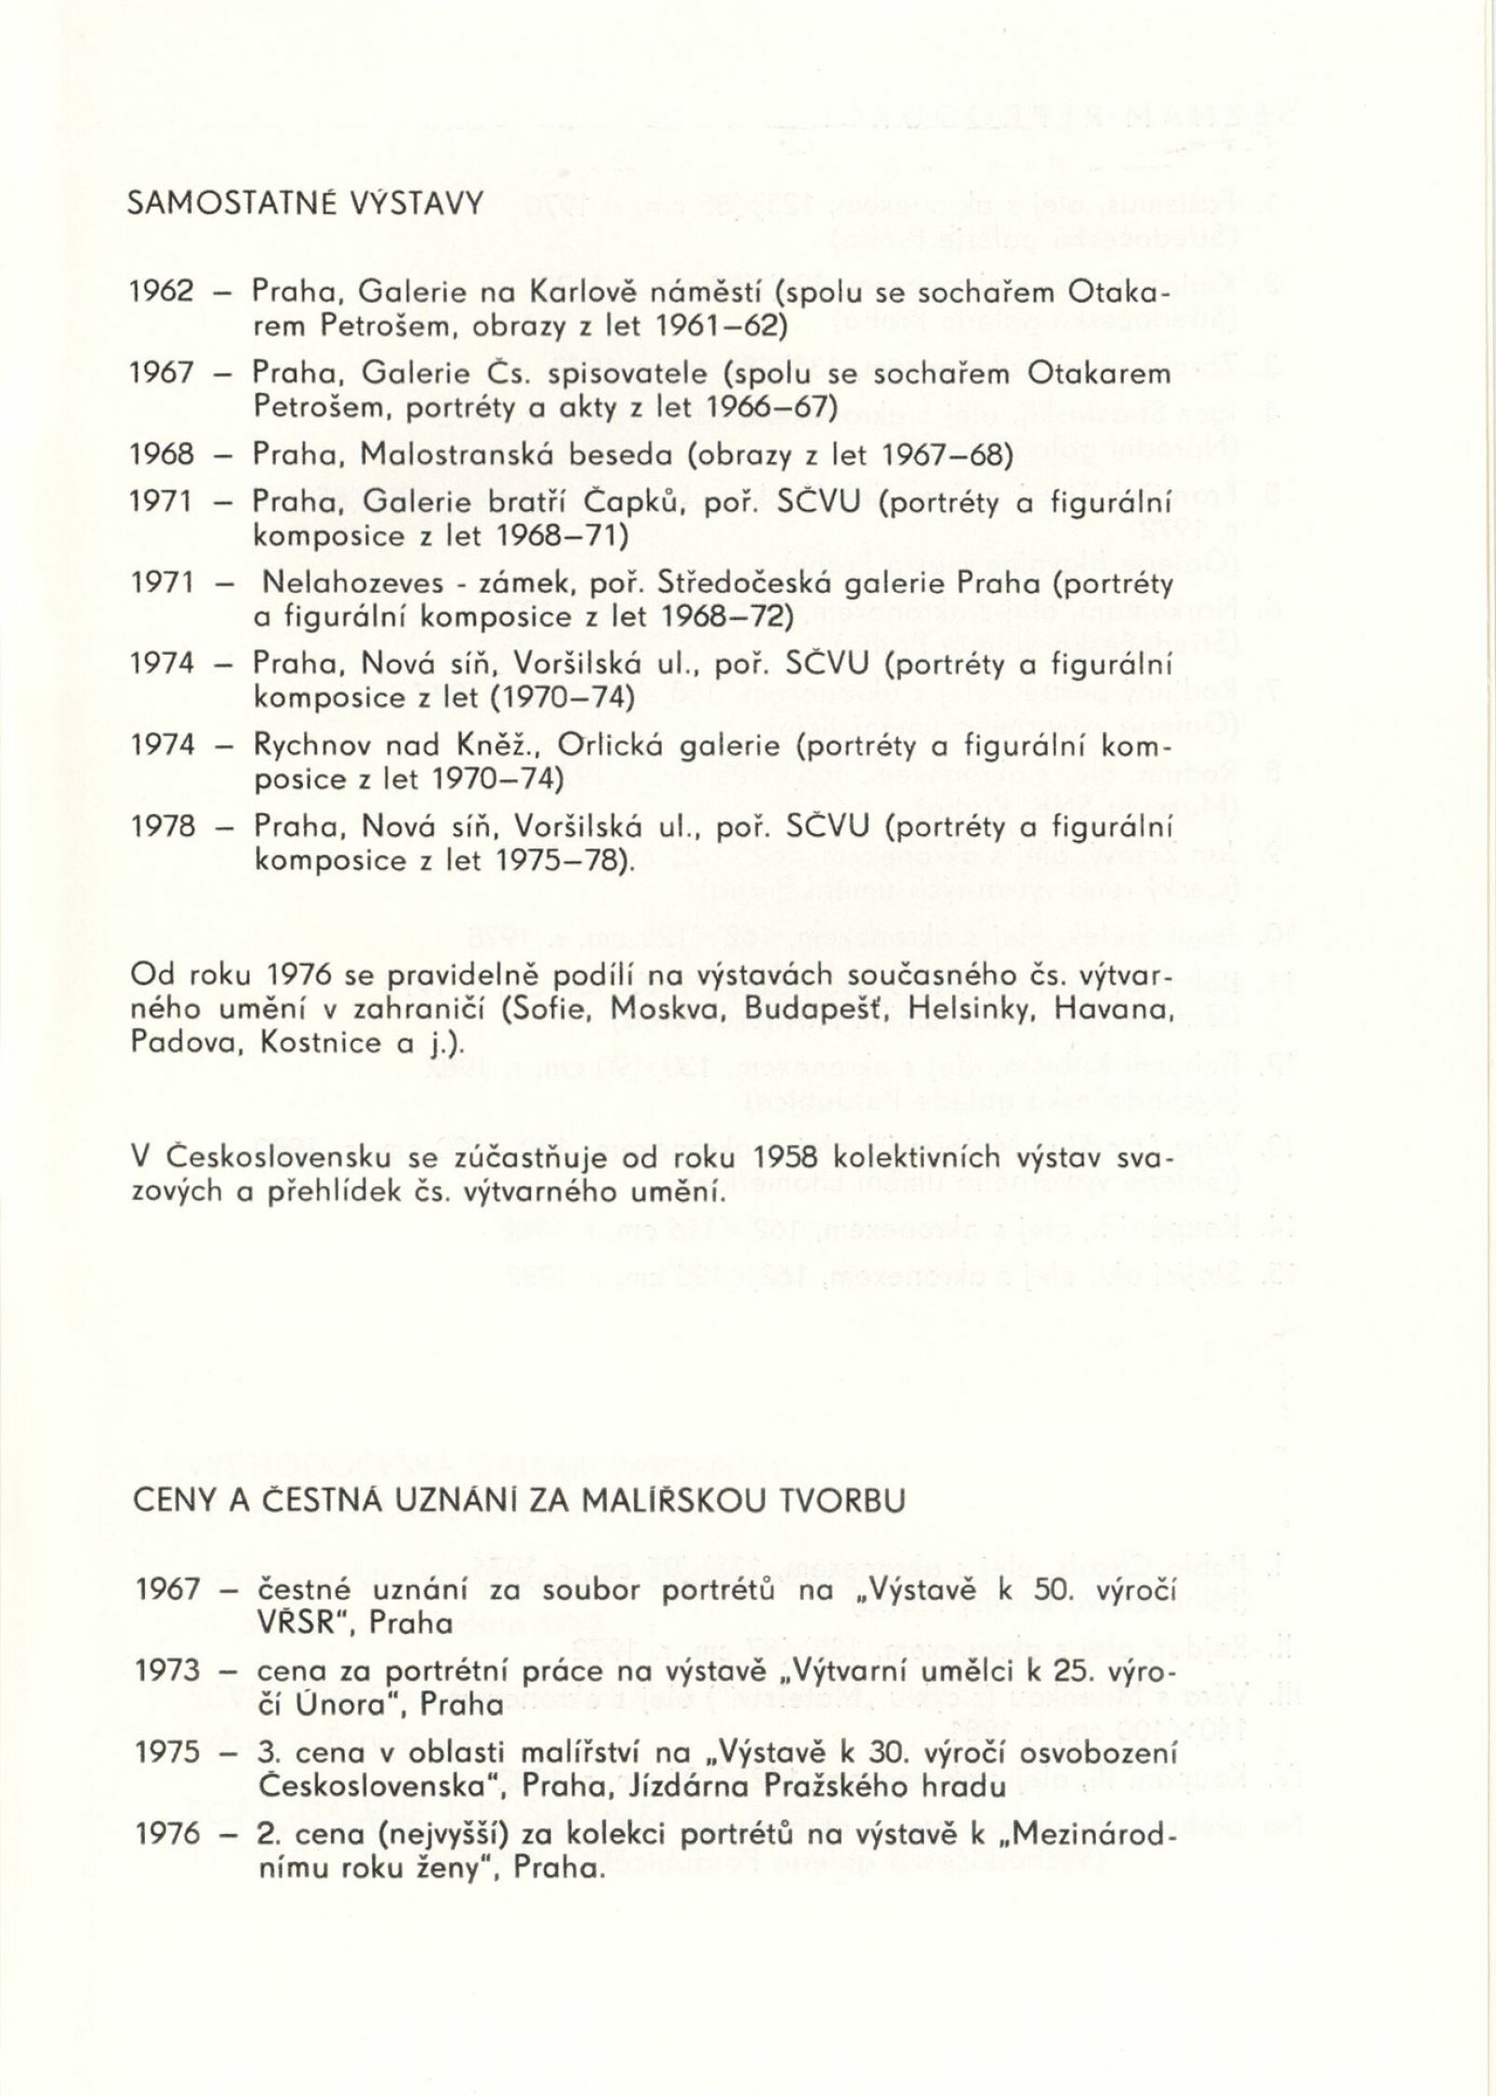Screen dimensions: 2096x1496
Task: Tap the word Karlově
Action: click(x=584, y=292)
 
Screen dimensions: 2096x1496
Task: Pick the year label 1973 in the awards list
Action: click(x=168, y=1670)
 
